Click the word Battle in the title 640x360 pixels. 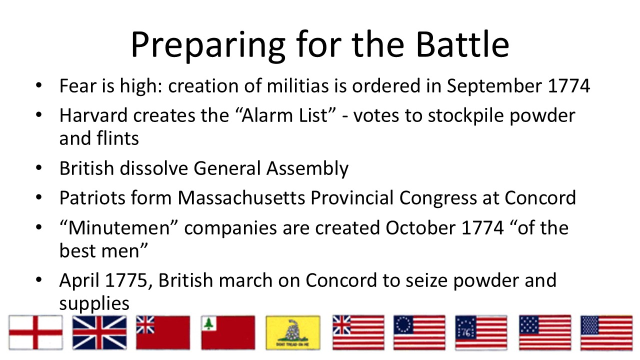point(462,44)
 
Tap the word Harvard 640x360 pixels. point(93,115)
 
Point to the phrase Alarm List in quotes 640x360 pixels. point(285,115)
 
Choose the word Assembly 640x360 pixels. point(307,168)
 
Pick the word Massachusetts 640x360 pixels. point(241,197)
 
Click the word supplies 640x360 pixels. point(94,303)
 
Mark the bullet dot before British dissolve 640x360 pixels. point(39,168)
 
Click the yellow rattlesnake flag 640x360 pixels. point(293,332)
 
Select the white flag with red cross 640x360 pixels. point(35,332)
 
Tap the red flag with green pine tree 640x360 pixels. point(228,332)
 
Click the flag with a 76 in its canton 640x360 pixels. point(481,332)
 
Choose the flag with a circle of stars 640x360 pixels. point(419,332)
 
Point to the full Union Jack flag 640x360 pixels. point(99,332)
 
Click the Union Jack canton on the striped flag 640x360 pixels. point(341,325)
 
